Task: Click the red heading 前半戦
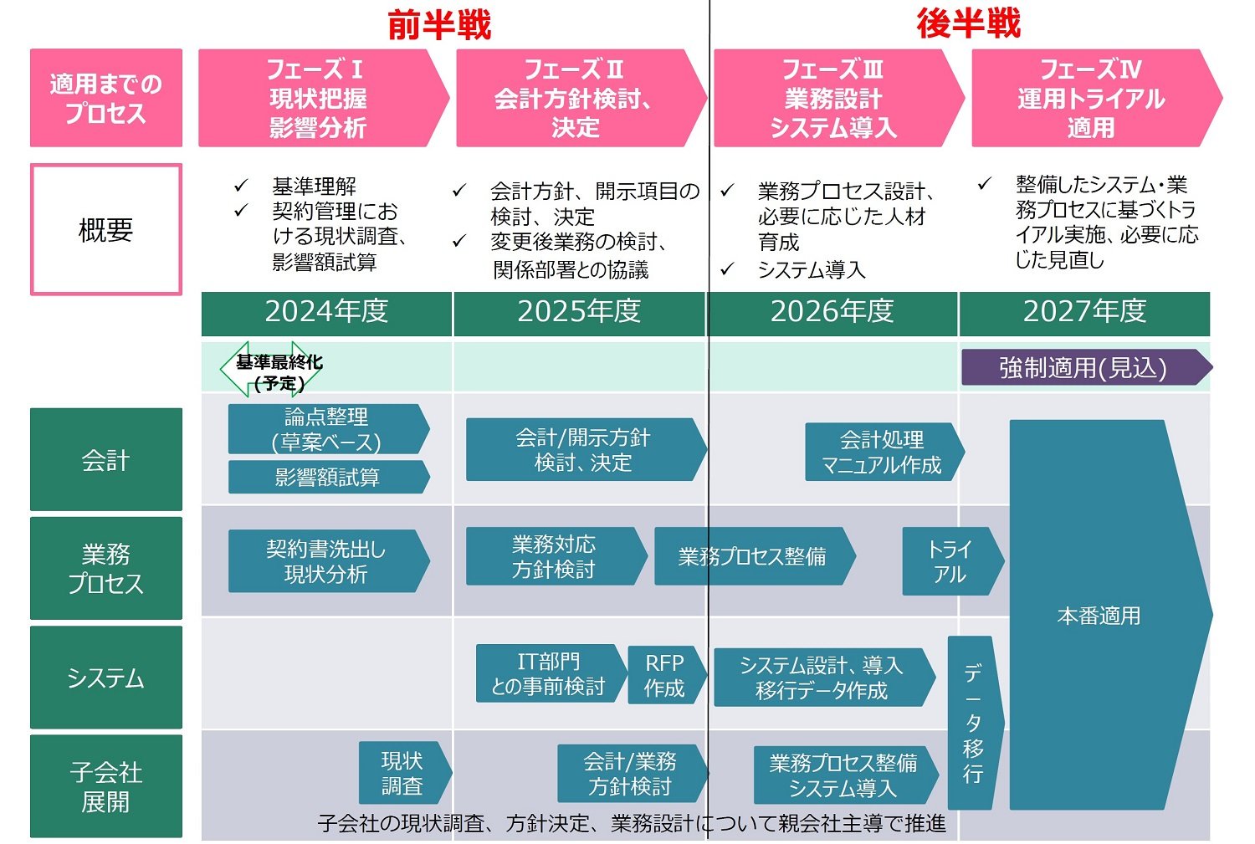(438, 24)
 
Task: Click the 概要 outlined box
(106, 229)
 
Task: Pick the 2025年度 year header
(579, 312)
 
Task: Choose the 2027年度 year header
(1084, 312)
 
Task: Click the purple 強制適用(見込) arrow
(1084, 368)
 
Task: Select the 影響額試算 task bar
(327, 477)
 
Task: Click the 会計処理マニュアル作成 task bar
(883, 452)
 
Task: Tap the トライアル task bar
(950, 561)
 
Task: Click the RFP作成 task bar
(664, 675)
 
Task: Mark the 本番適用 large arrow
(1099, 615)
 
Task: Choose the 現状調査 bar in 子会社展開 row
(403, 773)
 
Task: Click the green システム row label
(106, 678)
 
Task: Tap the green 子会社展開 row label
(106, 786)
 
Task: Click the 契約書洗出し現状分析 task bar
(326, 561)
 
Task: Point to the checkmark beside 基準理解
(242, 185)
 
